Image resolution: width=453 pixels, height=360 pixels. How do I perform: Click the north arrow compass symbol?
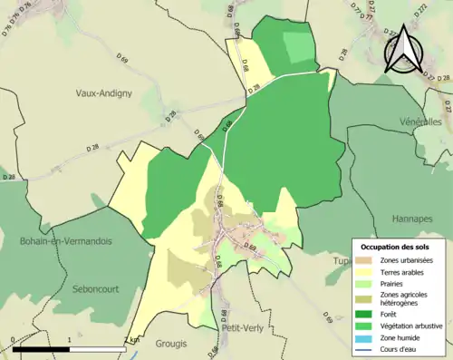coord(404,47)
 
